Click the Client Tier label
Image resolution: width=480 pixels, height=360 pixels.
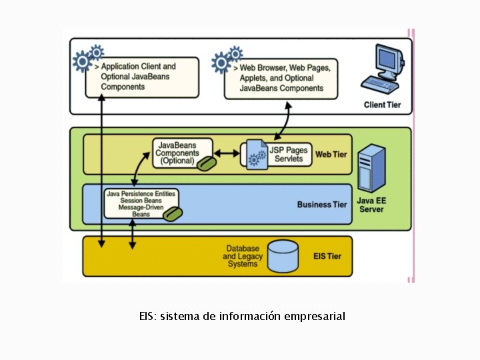pyautogui.click(x=382, y=105)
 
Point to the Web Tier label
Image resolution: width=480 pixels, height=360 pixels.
pyautogui.click(x=331, y=155)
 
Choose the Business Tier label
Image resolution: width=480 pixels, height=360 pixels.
pyautogui.click(x=322, y=205)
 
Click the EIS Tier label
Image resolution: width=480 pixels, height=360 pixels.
pyautogui.click(x=327, y=256)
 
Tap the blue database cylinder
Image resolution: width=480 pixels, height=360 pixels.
pyautogui.click(x=283, y=256)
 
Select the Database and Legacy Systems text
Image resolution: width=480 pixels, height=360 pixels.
pyautogui.click(x=243, y=256)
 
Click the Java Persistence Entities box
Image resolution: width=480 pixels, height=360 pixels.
pyautogui.click(x=141, y=203)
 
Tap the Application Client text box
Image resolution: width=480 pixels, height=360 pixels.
pyautogui.click(x=142, y=77)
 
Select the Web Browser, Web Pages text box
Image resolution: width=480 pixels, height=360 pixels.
pyautogui.click(x=281, y=78)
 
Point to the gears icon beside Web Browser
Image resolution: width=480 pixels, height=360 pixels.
pyautogui.click(x=225, y=60)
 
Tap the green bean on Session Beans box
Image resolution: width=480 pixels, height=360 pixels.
pyautogui.click(x=173, y=214)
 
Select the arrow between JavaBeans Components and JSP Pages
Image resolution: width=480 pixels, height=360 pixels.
pyautogui.click(x=227, y=154)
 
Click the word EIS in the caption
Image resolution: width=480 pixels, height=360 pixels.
pyautogui.click(x=146, y=316)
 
